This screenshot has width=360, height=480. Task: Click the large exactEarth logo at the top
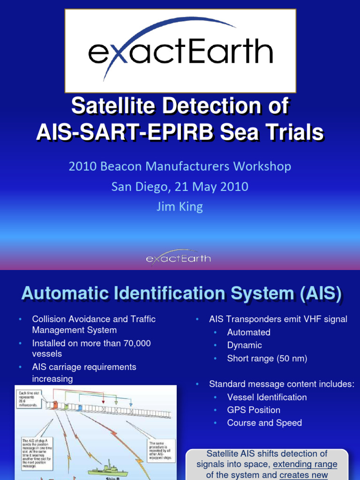point(180,51)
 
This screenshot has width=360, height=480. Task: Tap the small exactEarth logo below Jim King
point(178,258)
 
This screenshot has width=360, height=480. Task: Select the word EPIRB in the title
point(204,133)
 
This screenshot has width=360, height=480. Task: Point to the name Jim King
point(180,207)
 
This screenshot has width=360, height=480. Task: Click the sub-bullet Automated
point(248,332)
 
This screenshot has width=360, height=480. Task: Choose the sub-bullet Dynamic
point(244,345)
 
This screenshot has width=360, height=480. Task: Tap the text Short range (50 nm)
point(267,359)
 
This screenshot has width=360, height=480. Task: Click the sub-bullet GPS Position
point(254,410)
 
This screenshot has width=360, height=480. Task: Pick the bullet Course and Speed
point(264,423)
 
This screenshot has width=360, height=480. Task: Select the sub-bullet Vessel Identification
point(267,397)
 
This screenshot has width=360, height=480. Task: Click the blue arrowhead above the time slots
point(131,403)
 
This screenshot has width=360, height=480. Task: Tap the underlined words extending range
point(305,465)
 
